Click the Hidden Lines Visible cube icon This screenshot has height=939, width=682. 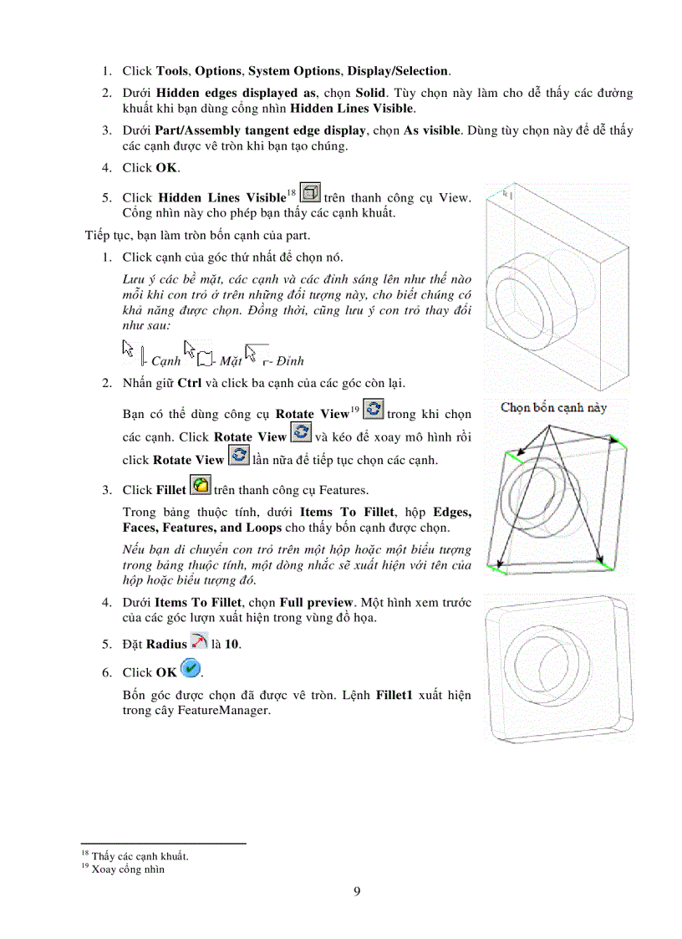310,194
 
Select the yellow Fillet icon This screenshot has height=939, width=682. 201,486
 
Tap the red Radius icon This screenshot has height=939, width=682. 199,641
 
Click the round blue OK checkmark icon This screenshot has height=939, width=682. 191,669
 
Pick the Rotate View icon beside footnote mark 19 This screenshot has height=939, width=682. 374,410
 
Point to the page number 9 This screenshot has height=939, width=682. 357,891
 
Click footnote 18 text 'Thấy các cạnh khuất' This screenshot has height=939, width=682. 139,856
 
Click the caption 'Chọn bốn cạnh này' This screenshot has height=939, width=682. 553,408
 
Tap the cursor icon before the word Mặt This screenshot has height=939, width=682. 194,352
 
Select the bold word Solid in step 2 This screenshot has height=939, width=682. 372,93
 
